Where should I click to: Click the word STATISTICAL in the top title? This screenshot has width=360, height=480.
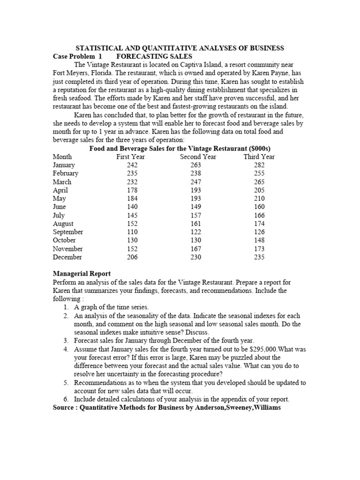click(x=97, y=48)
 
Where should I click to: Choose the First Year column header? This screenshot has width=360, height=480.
click(x=130, y=157)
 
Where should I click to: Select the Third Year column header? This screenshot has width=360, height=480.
click(x=259, y=157)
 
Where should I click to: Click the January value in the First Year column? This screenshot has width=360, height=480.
click(x=133, y=165)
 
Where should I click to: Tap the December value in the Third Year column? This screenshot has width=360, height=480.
click(x=259, y=257)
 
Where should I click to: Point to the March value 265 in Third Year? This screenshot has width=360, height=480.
click(x=259, y=182)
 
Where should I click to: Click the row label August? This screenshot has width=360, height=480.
click(x=63, y=224)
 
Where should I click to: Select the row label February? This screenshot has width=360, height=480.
click(x=66, y=173)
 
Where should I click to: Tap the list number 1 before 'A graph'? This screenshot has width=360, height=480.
click(x=66, y=307)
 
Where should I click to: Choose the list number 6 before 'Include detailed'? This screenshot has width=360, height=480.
click(x=66, y=399)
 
